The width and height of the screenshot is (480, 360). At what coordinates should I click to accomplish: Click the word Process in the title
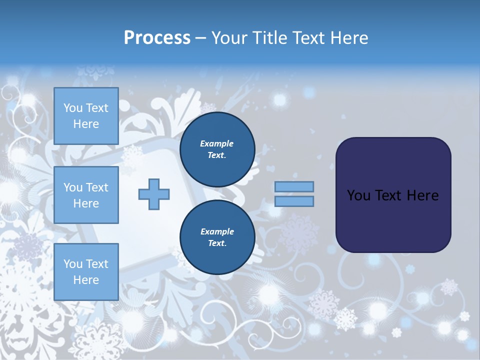[x=157, y=38]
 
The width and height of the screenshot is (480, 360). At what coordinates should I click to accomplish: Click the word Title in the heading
[x=269, y=38]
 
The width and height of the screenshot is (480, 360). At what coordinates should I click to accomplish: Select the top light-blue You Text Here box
[x=86, y=116]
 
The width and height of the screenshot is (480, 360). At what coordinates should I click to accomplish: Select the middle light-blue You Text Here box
[x=86, y=195]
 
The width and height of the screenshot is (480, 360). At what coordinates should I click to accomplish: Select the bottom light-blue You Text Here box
[x=86, y=271]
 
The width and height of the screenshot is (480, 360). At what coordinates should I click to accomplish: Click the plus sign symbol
[x=154, y=194]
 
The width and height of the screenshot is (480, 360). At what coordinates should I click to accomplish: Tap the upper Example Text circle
[x=217, y=149]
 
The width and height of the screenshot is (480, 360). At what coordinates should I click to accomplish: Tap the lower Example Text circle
[x=217, y=237]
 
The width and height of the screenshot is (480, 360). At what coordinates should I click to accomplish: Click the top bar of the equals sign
[x=294, y=186]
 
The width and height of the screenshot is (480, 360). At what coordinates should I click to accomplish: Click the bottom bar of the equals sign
[x=294, y=201]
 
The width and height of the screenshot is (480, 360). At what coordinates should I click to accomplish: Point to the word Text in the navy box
[x=389, y=195]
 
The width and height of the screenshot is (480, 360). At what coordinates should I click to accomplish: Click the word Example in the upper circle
[x=217, y=143]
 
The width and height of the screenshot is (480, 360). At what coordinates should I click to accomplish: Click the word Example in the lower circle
[x=217, y=231]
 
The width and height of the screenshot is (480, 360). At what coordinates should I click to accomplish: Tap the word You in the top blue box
[x=73, y=108]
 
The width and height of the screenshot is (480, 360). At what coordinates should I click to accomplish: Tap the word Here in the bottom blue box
[x=86, y=280]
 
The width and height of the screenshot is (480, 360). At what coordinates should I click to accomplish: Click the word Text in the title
[x=308, y=38]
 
